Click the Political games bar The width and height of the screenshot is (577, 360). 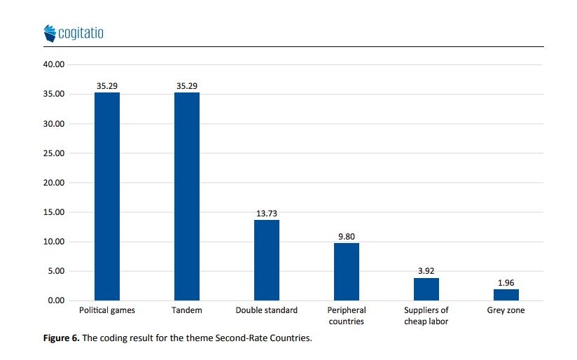click(x=107, y=197)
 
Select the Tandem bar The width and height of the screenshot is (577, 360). click(x=187, y=197)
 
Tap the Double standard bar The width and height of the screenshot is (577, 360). click(x=267, y=261)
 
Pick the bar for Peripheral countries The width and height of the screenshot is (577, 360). click(x=347, y=272)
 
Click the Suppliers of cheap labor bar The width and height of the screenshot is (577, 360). click(x=426, y=289)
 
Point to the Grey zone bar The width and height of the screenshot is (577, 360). click(x=506, y=295)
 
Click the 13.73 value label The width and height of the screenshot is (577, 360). click(x=267, y=214)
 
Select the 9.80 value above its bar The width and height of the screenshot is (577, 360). click(x=347, y=237)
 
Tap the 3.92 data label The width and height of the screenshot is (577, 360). click(x=426, y=271)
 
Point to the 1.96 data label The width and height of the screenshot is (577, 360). click(x=506, y=283)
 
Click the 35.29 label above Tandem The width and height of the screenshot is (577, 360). click(x=187, y=86)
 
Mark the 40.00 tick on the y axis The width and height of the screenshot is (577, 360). click(x=54, y=64)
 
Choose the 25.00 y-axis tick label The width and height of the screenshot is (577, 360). click(x=54, y=153)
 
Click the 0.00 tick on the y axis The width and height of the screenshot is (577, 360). click(x=56, y=300)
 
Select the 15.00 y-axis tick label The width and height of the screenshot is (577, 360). click(x=54, y=212)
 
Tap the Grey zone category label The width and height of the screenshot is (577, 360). click(x=506, y=310)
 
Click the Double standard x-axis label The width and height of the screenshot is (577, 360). click(x=267, y=310)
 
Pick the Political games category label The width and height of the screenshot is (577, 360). click(x=107, y=310)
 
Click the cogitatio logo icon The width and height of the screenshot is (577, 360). click(x=50, y=34)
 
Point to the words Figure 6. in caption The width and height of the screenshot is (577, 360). click(x=62, y=338)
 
